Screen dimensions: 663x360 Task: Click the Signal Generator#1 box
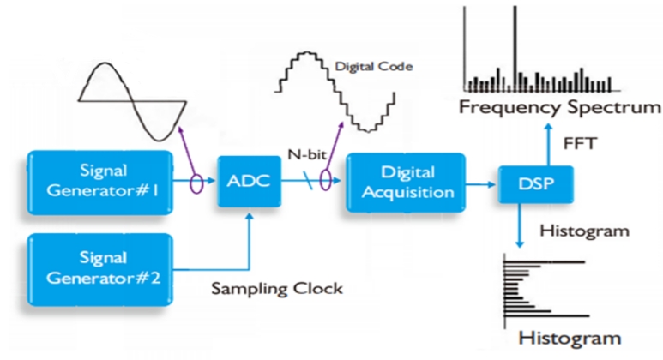pyautogui.click(x=100, y=182)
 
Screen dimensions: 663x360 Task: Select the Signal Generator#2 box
pyautogui.click(x=100, y=269)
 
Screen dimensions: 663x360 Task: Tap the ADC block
pyautogui.click(x=249, y=181)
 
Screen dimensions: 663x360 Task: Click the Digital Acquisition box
pyautogui.click(x=406, y=182)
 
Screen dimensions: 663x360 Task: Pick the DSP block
pyautogui.click(x=536, y=184)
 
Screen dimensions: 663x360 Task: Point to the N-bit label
pyautogui.click(x=307, y=154)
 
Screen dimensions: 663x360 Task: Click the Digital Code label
pyautogui.click(x=374, y=67)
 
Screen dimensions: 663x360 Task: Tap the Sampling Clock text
pyautogui.click(x=277, y=289)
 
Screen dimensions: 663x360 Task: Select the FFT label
pyautogui.click(x=580, y=144)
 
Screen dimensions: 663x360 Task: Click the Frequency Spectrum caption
pyautogui.click(x=560, y=107)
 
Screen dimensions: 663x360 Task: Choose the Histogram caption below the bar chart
pyautogui.click(x=570, y=338)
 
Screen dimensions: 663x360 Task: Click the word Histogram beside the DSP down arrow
pyautogui.click(x=584, y=231)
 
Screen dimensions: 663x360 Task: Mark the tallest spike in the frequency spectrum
pyautogui.click(x=515, y=49)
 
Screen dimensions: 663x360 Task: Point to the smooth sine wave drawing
pyautogui.click(x=133, y=101)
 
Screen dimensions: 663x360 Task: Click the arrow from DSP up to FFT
pyautogui.click(x=548, y=145)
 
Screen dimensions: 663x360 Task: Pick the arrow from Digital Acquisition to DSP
pyautogui.click(x=481, y=184)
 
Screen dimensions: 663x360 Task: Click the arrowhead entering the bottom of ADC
pyautogui.click(x=250, y=216)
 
